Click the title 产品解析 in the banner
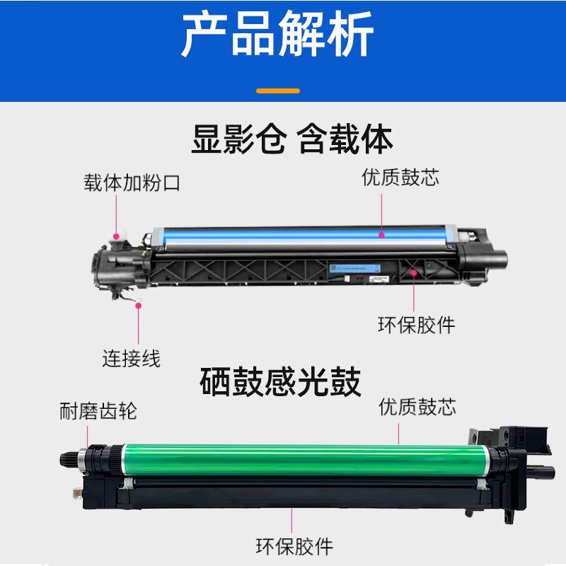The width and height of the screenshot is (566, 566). (277, 35)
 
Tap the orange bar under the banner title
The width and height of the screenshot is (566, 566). (277, 91)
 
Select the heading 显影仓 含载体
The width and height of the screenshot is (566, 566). (291, 139)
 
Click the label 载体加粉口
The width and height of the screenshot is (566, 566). (132, 183)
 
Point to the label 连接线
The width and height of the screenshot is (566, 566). (132, 358)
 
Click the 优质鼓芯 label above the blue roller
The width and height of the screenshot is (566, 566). (400, 177)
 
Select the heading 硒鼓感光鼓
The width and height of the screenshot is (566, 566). (280, 383)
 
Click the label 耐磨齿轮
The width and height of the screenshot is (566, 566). (98, 412)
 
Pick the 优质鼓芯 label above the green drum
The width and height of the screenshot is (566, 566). (417, 407)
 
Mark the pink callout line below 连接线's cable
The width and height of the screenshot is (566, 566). (139, 326)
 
